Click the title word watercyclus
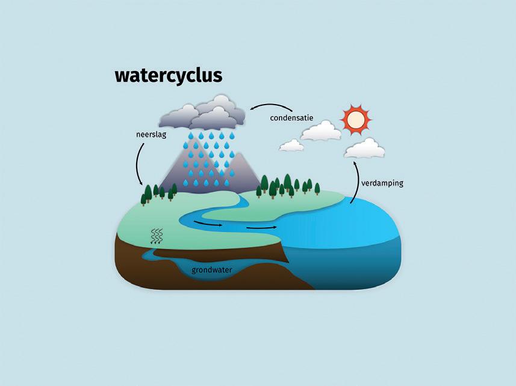(169, 76)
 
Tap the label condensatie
(291, 117)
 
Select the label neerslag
(151, 135)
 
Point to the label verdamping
(382, 183)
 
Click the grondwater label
(212, 270)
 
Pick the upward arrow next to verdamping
(353, 180)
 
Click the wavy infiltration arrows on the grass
(157, 236)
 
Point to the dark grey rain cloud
(205, 114)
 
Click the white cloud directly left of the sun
(320, 131)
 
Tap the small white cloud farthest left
(291, 145)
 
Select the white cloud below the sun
(364, 148)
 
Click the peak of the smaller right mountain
(240, 155)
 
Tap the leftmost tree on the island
(144, 195)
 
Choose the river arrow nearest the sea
(261, 227)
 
